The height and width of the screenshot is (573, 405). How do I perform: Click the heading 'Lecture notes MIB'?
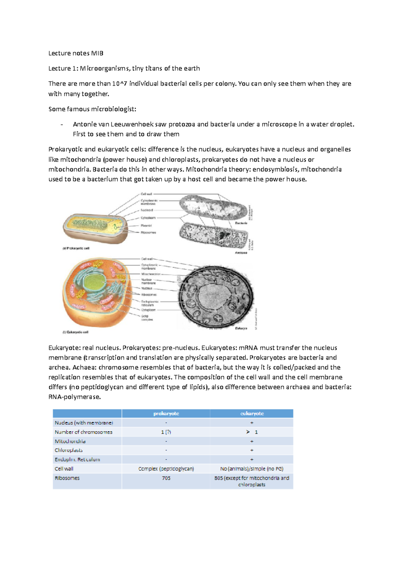coord(76,53)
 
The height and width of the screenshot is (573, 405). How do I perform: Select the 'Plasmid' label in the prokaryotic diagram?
coord(146,225)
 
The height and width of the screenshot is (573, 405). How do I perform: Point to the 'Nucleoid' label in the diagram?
coord(147,210)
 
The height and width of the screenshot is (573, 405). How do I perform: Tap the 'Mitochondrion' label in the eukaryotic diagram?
coord(151,274)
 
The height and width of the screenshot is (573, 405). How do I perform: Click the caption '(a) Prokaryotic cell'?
coord(76,248)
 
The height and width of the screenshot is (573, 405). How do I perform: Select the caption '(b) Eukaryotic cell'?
coord(76,332)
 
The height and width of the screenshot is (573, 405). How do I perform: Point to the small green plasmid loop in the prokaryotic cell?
coord(116,227)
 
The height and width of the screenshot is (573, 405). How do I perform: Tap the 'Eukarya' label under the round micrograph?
coord(241,328)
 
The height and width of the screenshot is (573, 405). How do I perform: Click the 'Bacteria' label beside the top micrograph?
coord(241,223)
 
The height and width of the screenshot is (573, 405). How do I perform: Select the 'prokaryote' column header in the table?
coord(166,413)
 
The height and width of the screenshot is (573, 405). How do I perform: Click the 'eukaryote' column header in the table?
coord(252,413)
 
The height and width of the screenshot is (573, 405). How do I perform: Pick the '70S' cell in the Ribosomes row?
coord(166,478)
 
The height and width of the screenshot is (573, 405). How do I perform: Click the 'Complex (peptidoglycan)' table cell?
coord(166,469)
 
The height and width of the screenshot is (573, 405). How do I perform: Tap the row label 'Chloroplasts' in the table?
coord(69,450)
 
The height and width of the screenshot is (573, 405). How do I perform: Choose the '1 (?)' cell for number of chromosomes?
coord(166,432)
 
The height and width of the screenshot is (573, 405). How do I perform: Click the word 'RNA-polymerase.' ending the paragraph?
coord(75,397)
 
